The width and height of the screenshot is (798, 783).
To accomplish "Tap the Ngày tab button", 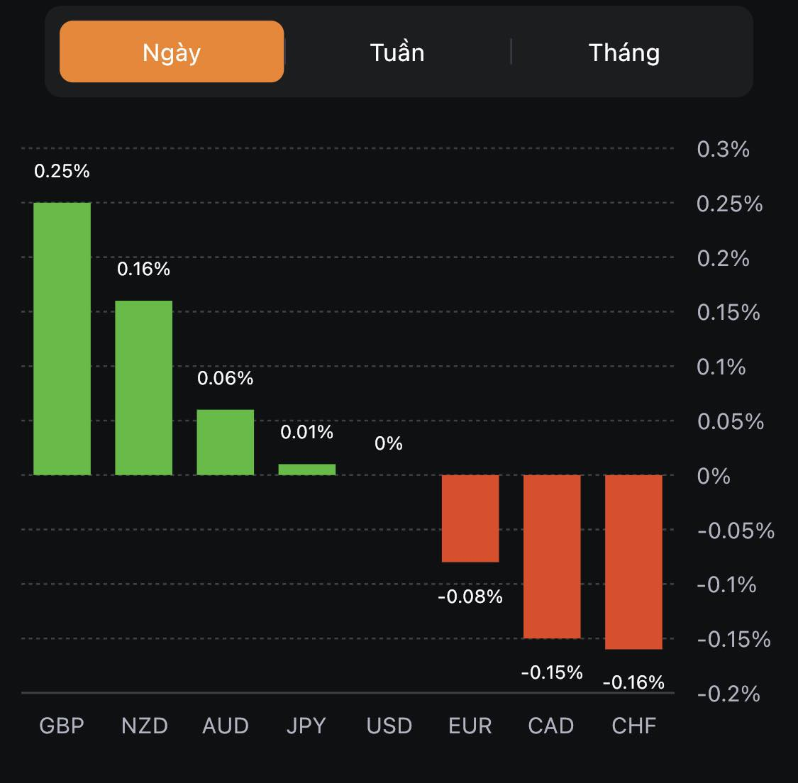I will click(x=172, y=52).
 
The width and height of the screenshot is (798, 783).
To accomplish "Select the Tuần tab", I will click(x=397, y=52).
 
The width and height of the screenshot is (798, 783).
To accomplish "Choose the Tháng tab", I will click(x=624, y=52).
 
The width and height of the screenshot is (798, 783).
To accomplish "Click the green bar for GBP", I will click(x=62, y=338).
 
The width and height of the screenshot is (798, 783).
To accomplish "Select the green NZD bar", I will click(x=144, y=387).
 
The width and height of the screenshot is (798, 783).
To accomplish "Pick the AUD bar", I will click(x=226, y=442).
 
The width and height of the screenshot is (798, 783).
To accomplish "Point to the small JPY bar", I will click(x=307, y=470).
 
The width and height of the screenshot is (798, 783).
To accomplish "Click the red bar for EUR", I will click(x=470, y=518).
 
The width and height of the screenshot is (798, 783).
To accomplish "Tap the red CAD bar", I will click(x=552, y=557).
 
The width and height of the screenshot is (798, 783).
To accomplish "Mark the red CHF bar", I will click(x=633, y=562).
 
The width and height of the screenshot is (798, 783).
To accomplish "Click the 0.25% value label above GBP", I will click(x=62, y=171).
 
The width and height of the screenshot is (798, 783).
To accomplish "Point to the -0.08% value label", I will click(x=470, y=597).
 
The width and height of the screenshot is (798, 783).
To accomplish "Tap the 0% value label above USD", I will click(x=389, y=444).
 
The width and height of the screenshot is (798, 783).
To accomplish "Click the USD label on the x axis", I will click(x=389, y=726).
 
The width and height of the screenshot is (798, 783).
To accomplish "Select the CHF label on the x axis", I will click(x=634, y=726).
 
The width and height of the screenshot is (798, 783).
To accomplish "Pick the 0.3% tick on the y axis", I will click(x=723, y=149).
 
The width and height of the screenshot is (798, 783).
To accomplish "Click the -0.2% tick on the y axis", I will click(x=728, y=693).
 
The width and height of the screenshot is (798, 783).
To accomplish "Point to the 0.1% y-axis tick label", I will click(x=721, y=367).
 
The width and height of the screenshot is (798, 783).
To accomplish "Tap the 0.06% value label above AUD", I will click(x=226, y=378).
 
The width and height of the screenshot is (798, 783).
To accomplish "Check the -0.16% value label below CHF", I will click(x=633, y=682).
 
